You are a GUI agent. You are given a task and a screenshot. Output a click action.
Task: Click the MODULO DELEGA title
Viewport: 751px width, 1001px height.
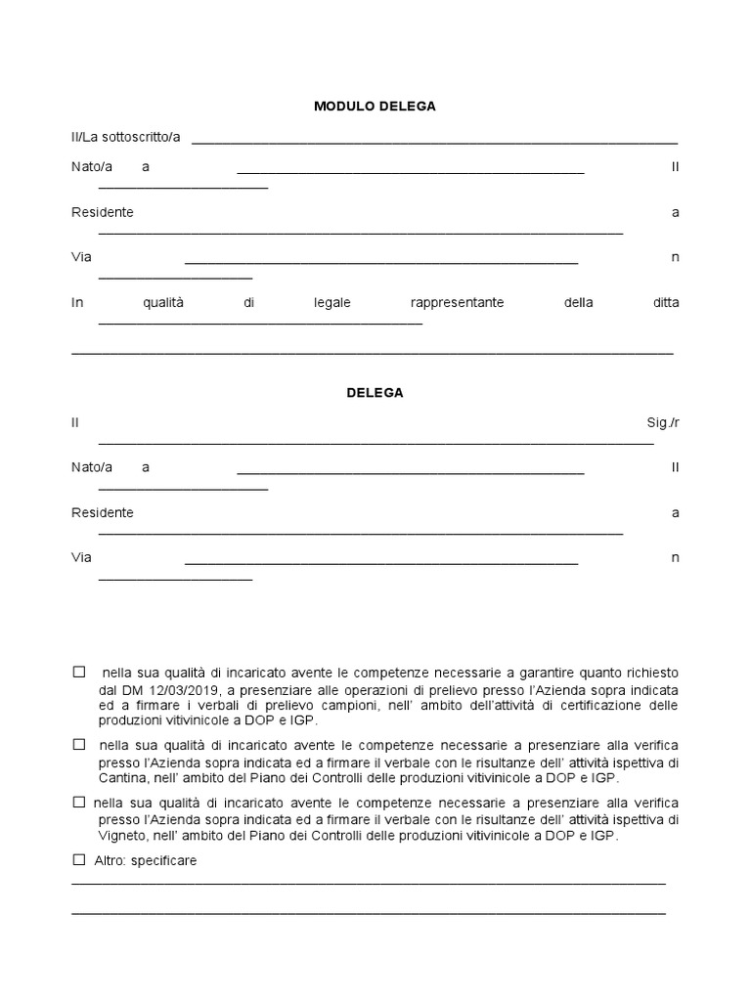pyautogui.click(x=375, y=107)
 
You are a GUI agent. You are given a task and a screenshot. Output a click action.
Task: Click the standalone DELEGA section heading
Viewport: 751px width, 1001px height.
pyautogui.click(x=375, y=393)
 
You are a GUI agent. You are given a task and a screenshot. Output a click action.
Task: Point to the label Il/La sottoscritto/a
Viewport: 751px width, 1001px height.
pyautogui.click(x=125, y=137)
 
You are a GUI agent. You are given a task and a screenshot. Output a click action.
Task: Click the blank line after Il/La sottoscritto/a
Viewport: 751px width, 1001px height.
pyautogui.click(x=434, y=142)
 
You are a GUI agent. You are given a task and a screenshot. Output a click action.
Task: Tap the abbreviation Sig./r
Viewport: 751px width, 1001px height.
pyautogui.click(x=663, y=422)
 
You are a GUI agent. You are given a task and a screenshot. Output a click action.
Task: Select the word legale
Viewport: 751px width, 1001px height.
pyautogui.click(x=332, y=303)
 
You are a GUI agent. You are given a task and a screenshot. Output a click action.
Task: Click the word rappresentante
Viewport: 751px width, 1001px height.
pyautogui.click(x=458, y=303)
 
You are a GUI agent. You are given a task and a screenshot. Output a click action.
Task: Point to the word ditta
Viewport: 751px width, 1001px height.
pyautogui.click(x=666, y=303)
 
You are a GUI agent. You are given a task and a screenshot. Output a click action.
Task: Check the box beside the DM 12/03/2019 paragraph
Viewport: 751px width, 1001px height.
pyautogui.click(x=79, y=673)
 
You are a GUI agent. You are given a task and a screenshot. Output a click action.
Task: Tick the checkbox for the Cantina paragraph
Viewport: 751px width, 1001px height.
pyautogui.click(x=79, y=744)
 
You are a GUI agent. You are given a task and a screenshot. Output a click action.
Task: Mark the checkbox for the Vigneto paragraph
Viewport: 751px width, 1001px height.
pyautogui.click(x=79, y=803)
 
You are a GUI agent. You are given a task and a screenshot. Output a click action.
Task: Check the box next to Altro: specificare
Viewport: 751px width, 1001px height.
pyautogui.click(x=79, y=860)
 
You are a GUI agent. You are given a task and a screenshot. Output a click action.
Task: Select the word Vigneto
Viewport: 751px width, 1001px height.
pyautogui.click(x=97, y=837)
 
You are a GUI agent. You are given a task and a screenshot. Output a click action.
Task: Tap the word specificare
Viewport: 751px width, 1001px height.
pyautogui.click(x=163, y=860)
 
